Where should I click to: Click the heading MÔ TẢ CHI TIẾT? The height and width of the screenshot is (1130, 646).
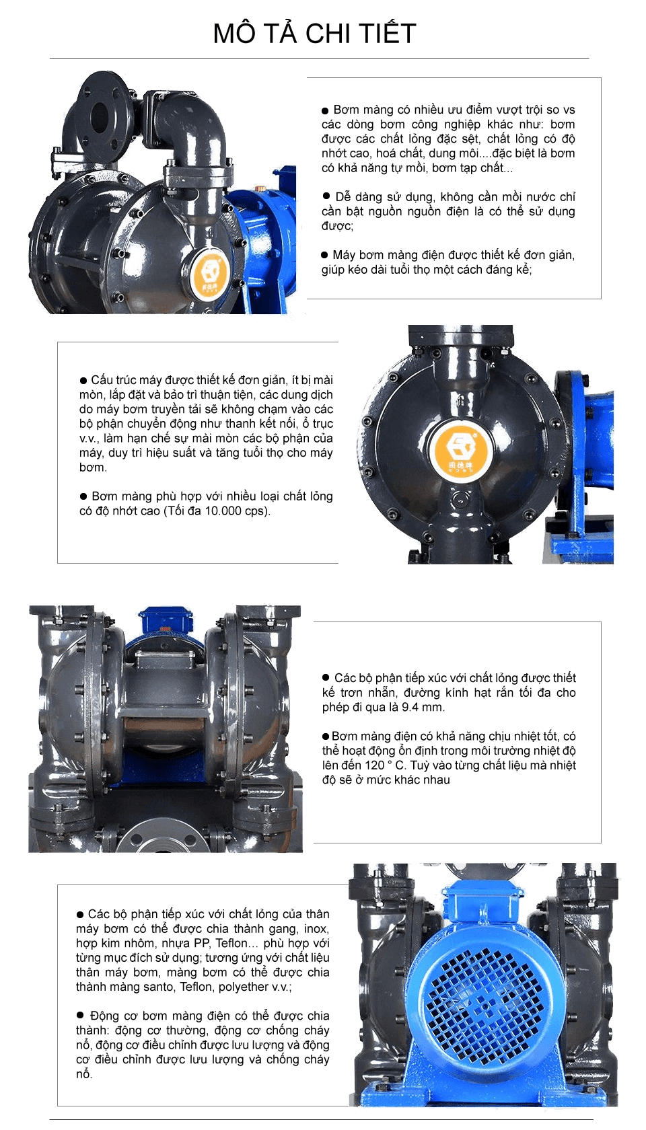tap(314, 33)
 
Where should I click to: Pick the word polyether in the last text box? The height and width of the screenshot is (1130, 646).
tap(244, 987)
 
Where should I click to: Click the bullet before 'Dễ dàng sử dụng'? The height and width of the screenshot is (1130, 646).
tap(326, 196)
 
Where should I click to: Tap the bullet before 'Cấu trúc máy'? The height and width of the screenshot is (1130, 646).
tap(83, 381)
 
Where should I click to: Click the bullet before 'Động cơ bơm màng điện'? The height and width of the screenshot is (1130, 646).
tap(81, 1016)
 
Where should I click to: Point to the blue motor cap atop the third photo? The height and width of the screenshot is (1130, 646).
tap(164, 618)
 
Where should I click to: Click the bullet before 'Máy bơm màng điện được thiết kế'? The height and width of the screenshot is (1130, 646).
tap(324, 255)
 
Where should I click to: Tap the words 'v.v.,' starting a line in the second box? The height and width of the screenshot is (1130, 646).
tap(89, 438)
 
